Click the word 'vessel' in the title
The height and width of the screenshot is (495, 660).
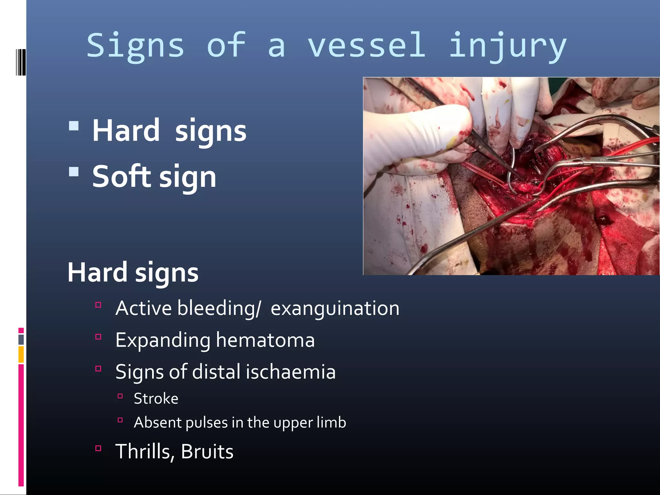[x=366, y=46]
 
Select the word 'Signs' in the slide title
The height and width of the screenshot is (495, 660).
[x=135, y=46]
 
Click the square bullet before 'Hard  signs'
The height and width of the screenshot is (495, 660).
[x=74, y=126]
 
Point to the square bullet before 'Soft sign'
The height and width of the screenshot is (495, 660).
[x=74, y=171]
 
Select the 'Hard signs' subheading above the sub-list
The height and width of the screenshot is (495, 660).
[x=133, y=272]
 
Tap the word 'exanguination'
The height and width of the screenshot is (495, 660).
[x=335, y=308]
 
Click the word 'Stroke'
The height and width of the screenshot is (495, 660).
[x=156, y=399]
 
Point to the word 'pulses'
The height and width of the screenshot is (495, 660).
[x=206, y=422]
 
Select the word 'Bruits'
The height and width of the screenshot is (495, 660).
[x=207, y=451]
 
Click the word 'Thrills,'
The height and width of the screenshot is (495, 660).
[x=145, y=451]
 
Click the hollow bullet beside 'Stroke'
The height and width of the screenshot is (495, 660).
[x=120, y=396]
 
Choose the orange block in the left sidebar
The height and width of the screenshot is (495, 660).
[x=21, y=354]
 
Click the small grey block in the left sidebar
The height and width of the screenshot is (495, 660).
[x=21, y=339]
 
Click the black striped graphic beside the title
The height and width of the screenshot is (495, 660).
[x=21, y=62]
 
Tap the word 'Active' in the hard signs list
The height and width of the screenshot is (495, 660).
[x=143, y=308]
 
